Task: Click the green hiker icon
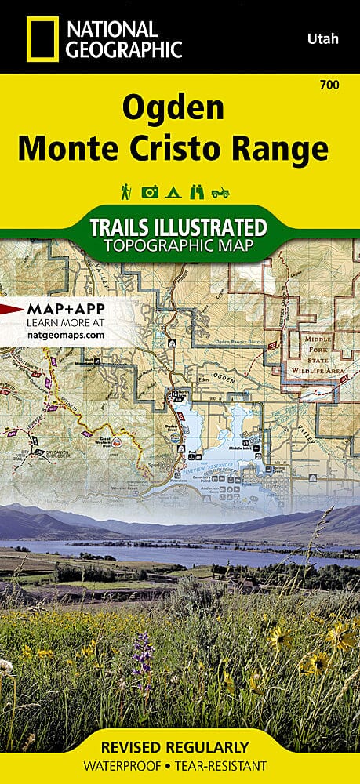125,191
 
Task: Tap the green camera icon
149,191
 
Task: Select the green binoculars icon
198,191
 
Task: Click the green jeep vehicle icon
222,191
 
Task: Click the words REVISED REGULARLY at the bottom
180,746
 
